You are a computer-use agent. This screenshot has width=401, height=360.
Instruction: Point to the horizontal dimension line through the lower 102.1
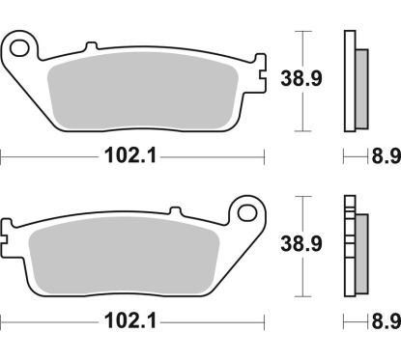point(58,318)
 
